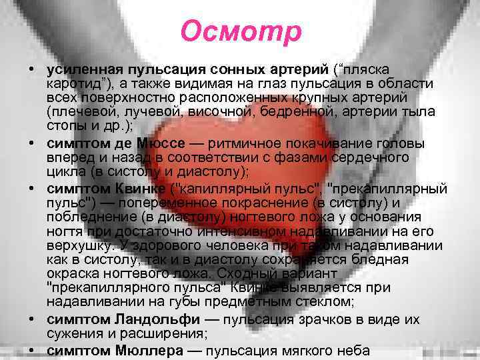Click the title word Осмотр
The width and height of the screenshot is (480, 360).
click(x=241, y=31)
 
